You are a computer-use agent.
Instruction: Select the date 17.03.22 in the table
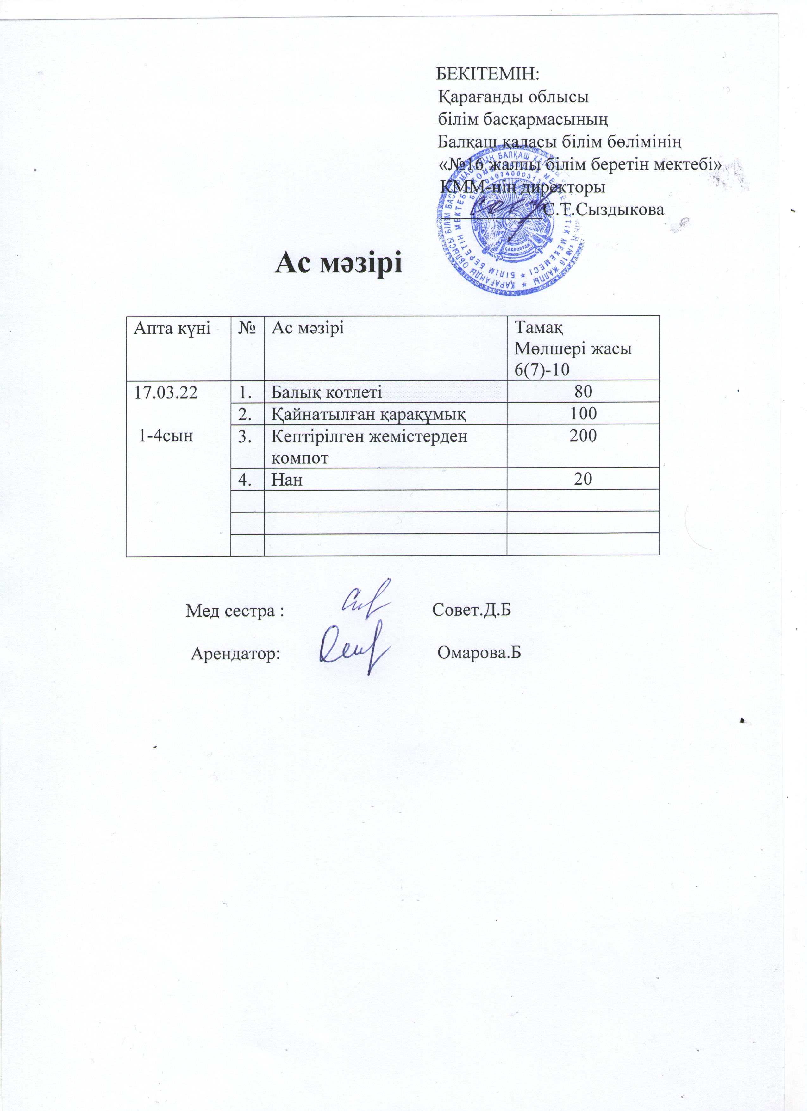tap(166, 392)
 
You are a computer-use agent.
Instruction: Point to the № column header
tap(247, 328)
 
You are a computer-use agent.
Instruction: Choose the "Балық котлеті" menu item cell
tap(327, 392)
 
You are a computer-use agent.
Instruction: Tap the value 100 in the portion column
tap(583, 413)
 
